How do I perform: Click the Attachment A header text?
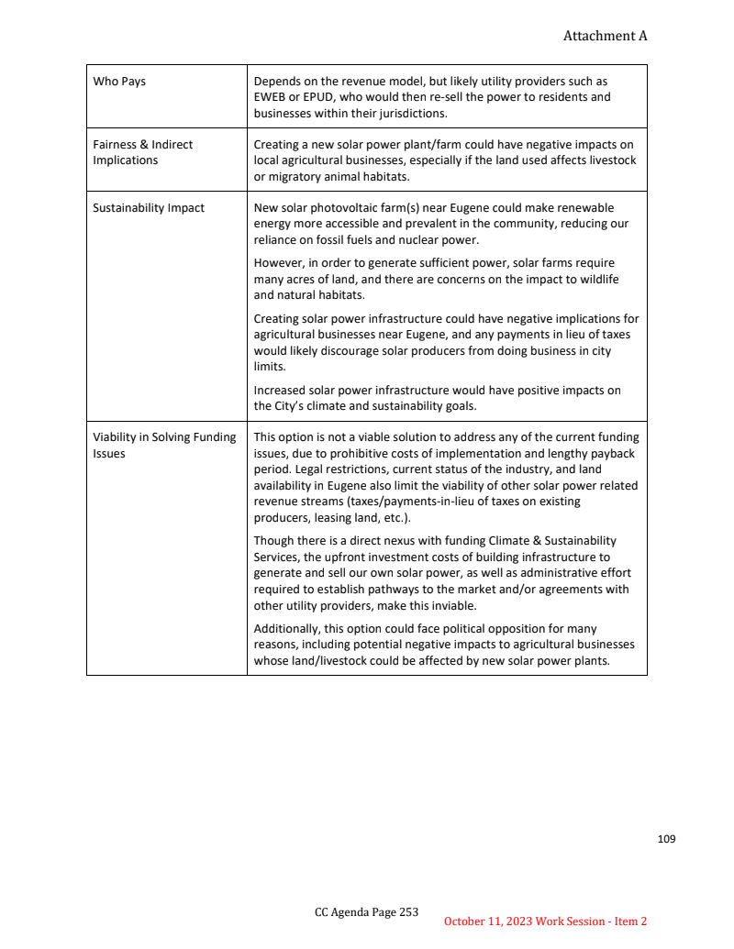605,36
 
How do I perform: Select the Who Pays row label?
119,82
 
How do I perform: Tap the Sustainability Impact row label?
149,208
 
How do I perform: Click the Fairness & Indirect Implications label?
142,152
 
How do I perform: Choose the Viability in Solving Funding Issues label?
164,445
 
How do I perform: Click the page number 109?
666,839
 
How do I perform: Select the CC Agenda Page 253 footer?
366,912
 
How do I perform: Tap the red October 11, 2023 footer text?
545,921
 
